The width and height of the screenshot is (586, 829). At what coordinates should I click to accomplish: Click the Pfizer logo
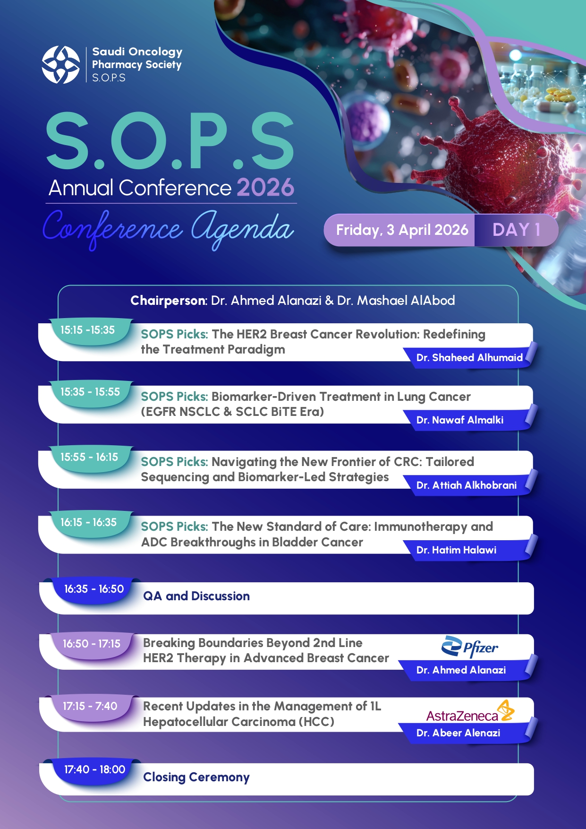pos(469,647)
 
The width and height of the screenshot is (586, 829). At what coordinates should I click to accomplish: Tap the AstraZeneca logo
pos(470,712)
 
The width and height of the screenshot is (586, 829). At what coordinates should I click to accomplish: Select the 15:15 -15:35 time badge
pos(87,330)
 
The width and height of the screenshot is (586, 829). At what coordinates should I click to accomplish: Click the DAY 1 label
pos(516,230)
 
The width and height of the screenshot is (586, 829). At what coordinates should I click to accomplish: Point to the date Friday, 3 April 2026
pos(402,230)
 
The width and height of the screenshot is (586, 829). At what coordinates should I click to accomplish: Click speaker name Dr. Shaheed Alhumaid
pos(469,358)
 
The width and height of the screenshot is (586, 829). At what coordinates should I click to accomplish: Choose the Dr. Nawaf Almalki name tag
pos(459,420)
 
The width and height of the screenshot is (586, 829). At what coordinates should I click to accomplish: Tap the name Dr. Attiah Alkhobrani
pos(466,485)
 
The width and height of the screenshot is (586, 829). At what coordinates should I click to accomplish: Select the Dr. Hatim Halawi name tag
pos(456,550)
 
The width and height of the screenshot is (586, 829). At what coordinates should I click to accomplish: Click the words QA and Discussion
pos(196,596)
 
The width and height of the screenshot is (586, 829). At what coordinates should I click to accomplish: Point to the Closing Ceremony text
pos(196,777)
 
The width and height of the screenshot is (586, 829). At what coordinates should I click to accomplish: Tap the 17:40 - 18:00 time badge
pos(94,769)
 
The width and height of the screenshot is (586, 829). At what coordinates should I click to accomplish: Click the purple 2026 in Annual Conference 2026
pos(265,188)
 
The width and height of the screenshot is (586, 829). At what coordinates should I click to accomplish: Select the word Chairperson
pos(168,301)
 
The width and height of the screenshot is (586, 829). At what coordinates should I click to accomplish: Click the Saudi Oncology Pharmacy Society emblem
pos(61,65)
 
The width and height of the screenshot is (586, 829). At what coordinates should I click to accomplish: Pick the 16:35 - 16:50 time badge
pos(94,589)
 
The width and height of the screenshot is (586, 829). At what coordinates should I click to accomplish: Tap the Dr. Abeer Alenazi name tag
pos(458,733)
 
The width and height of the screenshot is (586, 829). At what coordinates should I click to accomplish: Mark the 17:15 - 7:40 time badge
pos(90,706)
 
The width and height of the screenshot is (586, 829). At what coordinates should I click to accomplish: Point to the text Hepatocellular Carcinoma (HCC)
pos(238,722)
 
